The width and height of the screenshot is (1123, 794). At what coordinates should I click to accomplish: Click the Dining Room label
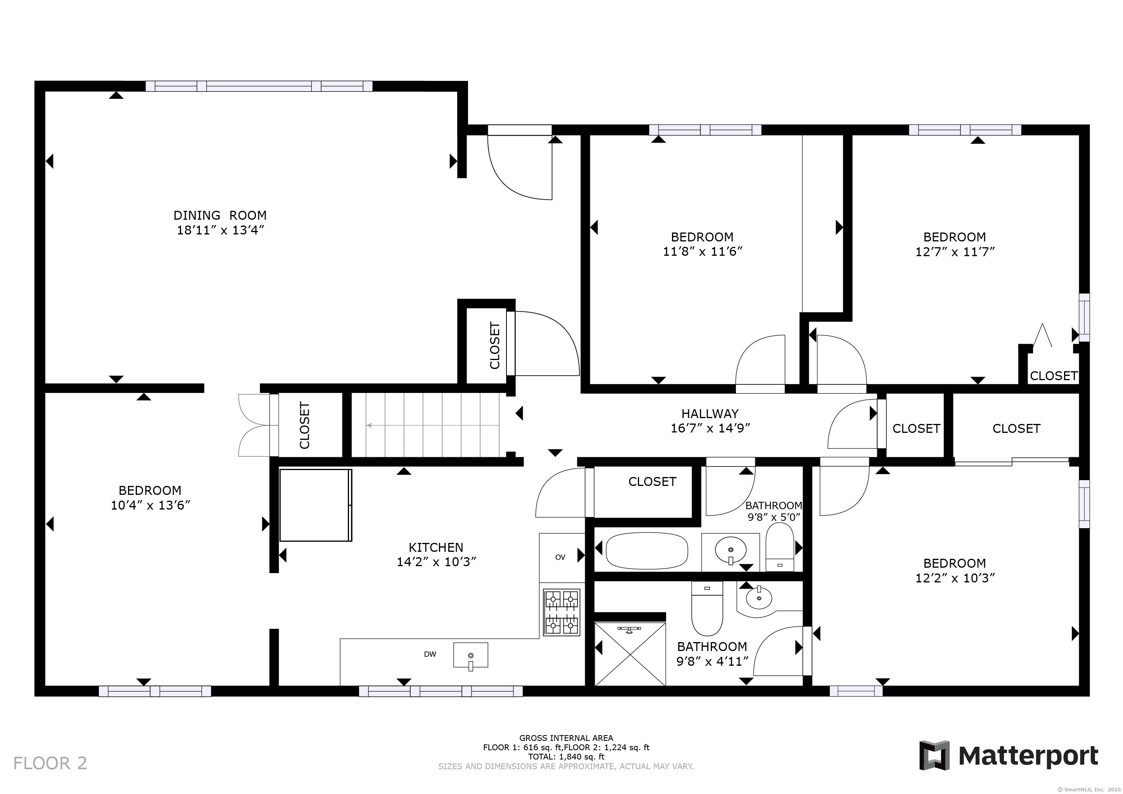point(220,215)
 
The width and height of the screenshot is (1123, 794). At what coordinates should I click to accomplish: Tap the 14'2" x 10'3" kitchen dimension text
point(436,562)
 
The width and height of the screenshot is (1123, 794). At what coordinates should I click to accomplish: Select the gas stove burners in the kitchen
point(561,613)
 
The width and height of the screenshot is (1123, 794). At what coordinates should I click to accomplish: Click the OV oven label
point(560,557)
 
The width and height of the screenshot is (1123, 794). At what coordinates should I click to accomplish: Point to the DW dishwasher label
point(430,654)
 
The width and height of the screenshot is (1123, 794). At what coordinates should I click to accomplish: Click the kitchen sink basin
point(470,655)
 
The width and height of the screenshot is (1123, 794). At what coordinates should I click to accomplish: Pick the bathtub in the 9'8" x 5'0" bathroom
point(646,551)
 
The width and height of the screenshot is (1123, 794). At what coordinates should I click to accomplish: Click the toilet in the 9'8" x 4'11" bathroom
point(707,608)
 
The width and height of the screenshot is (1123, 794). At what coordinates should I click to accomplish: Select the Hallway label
point(710,413)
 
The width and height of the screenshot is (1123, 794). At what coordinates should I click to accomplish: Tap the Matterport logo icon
point(934,755)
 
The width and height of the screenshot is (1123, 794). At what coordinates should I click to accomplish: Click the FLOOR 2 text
point(50,763)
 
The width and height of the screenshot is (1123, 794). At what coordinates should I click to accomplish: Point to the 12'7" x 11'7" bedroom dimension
point(955,251)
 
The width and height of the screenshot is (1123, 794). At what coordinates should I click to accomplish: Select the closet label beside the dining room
point(495,345)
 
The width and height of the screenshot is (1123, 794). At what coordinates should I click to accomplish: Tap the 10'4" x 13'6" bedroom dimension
point(150,505)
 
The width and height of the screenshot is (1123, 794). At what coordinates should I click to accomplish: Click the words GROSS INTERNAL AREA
point(566,738)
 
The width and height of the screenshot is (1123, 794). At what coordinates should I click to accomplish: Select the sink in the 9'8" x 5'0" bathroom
point(731,551)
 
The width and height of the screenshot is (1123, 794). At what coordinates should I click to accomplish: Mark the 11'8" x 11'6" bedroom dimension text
point(702,251)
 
